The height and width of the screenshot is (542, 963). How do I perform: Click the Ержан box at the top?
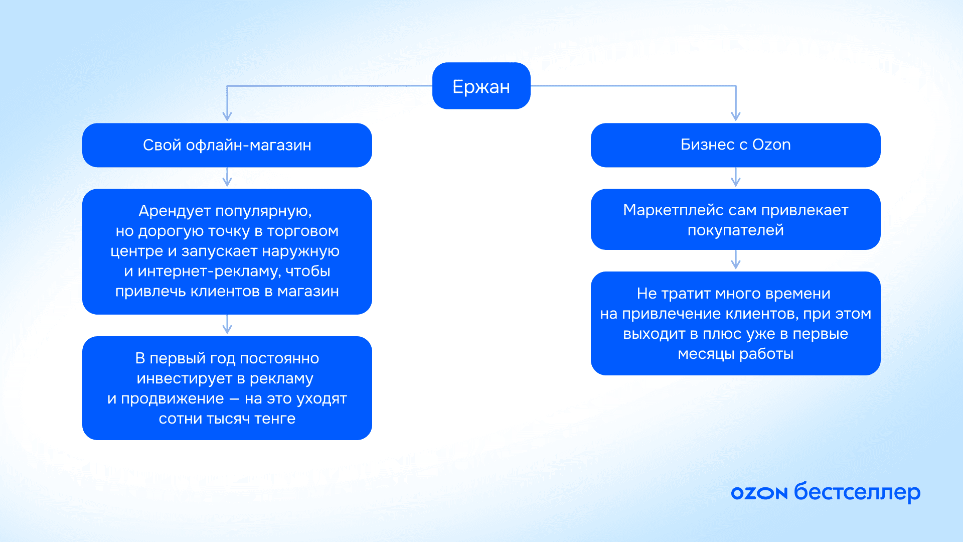click(481, 86)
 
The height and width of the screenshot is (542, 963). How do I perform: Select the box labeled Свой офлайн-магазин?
click(227, 145)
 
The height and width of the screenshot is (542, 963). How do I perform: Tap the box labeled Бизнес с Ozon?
click(736, 145)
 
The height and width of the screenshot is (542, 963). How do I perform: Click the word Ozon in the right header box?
click(771, 145)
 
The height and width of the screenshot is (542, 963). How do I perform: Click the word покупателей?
click(736, 230)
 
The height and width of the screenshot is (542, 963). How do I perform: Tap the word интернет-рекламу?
click(209, 272)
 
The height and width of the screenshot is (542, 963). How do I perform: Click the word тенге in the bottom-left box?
click(275, 419)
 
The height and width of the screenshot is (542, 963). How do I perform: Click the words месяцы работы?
click(736, 354)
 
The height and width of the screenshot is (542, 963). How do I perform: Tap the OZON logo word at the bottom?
click(759, 493)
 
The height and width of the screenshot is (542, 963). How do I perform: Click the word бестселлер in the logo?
click(858, 492)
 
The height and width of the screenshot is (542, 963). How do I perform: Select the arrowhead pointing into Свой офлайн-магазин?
click(227, 116)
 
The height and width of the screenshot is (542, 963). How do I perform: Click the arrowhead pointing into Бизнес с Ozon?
click(736, 116)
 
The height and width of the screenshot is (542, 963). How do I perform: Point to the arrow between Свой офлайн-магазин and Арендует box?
click(227, 177)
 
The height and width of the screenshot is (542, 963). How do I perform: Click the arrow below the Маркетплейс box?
click(736, 259)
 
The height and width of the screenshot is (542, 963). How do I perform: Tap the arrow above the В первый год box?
click(227, 324)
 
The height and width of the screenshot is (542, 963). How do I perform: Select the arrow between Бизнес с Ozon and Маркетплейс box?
click(736, 177)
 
